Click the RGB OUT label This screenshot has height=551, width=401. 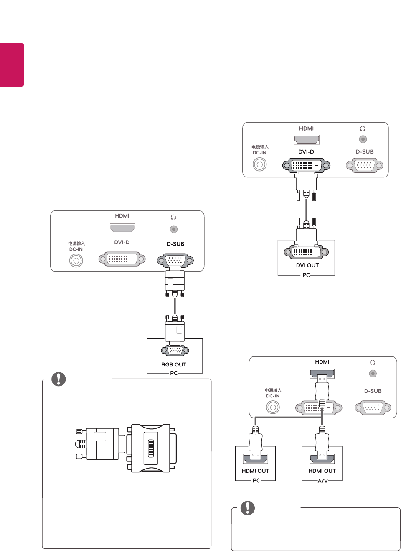pyautogui.click(x=174, y=364)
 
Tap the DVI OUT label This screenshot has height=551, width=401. pyautogui.click(x=307, y=265)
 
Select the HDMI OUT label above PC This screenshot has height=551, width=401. pyautogui.click(x=255, y=471)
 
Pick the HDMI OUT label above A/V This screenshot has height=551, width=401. pyautogui.click(x=322, y=471)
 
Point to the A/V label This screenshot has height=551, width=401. pyautogui.click(x=322, y=481)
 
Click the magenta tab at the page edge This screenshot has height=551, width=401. pyautogui.click(x=12, y=65)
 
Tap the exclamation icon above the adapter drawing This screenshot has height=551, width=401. pyautogui.click(x=58, y=379)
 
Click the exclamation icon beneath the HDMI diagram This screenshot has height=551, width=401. pyautogui.click(x=248, y=508)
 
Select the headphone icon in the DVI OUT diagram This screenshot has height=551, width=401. pyautogui.click(x=363, y=129)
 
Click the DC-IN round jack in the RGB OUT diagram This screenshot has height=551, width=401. pyautogui.click(x=76, y=261)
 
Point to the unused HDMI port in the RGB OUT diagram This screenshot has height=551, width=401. pyautogui.click(x=122, y=228)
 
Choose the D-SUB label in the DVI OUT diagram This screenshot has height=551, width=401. pyautogui.click(x=365, y=152)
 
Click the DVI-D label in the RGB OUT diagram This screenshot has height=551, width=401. pyautogui.click(x=122, y=242)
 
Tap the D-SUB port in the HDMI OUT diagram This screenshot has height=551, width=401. pyautogui.click(x=373, y=407)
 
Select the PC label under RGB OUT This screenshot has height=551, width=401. pyautogui.click(x=174, y=373)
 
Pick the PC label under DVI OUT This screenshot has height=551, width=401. pyautogui.click(x=306, y=275)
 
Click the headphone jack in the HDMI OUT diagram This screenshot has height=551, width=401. pyautogui.click(x=373, y=374)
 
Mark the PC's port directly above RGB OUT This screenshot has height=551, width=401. pyautogui.click(x=175, y=351)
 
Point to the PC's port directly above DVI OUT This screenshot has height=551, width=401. pyautogui.click(x=306, y=252)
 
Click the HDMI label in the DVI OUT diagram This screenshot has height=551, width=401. pyautogui.click(x=306, y=128)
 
